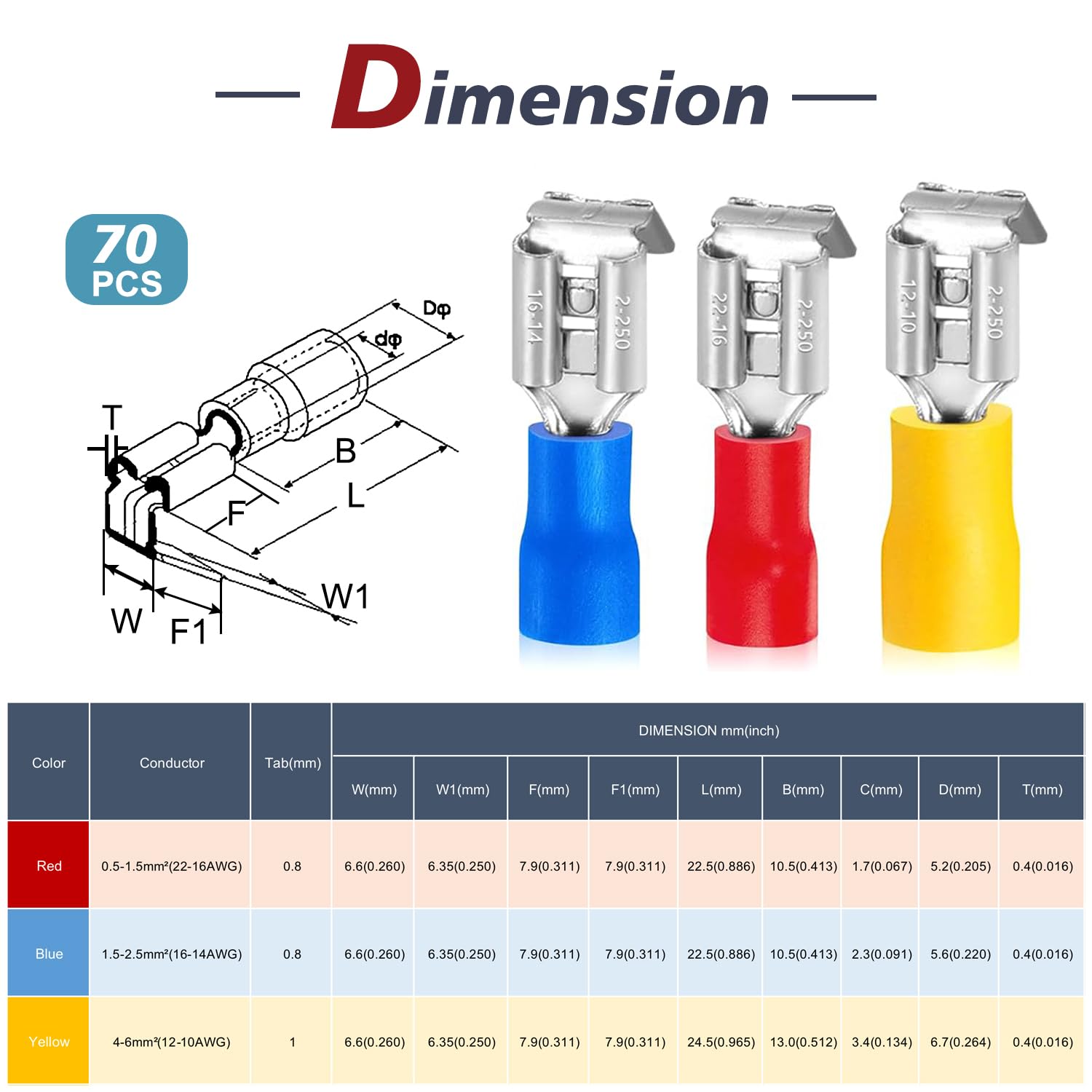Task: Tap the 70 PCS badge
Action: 127,260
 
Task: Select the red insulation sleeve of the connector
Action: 761,539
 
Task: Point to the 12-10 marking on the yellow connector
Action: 906,306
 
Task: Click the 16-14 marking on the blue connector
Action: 535,317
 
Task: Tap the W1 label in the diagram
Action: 344,597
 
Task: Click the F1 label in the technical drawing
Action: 188,631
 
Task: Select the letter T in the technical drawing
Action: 111,418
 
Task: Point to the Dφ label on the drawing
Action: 437,309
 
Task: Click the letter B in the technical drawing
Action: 345,451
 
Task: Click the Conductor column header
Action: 172,763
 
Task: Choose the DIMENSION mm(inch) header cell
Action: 708,730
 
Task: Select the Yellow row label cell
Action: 49,1042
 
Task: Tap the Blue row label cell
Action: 49,954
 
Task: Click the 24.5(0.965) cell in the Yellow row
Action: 721,1042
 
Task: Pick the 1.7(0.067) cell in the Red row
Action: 882,866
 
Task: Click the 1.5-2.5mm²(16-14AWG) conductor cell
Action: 172,954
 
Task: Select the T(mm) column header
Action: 1042,789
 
